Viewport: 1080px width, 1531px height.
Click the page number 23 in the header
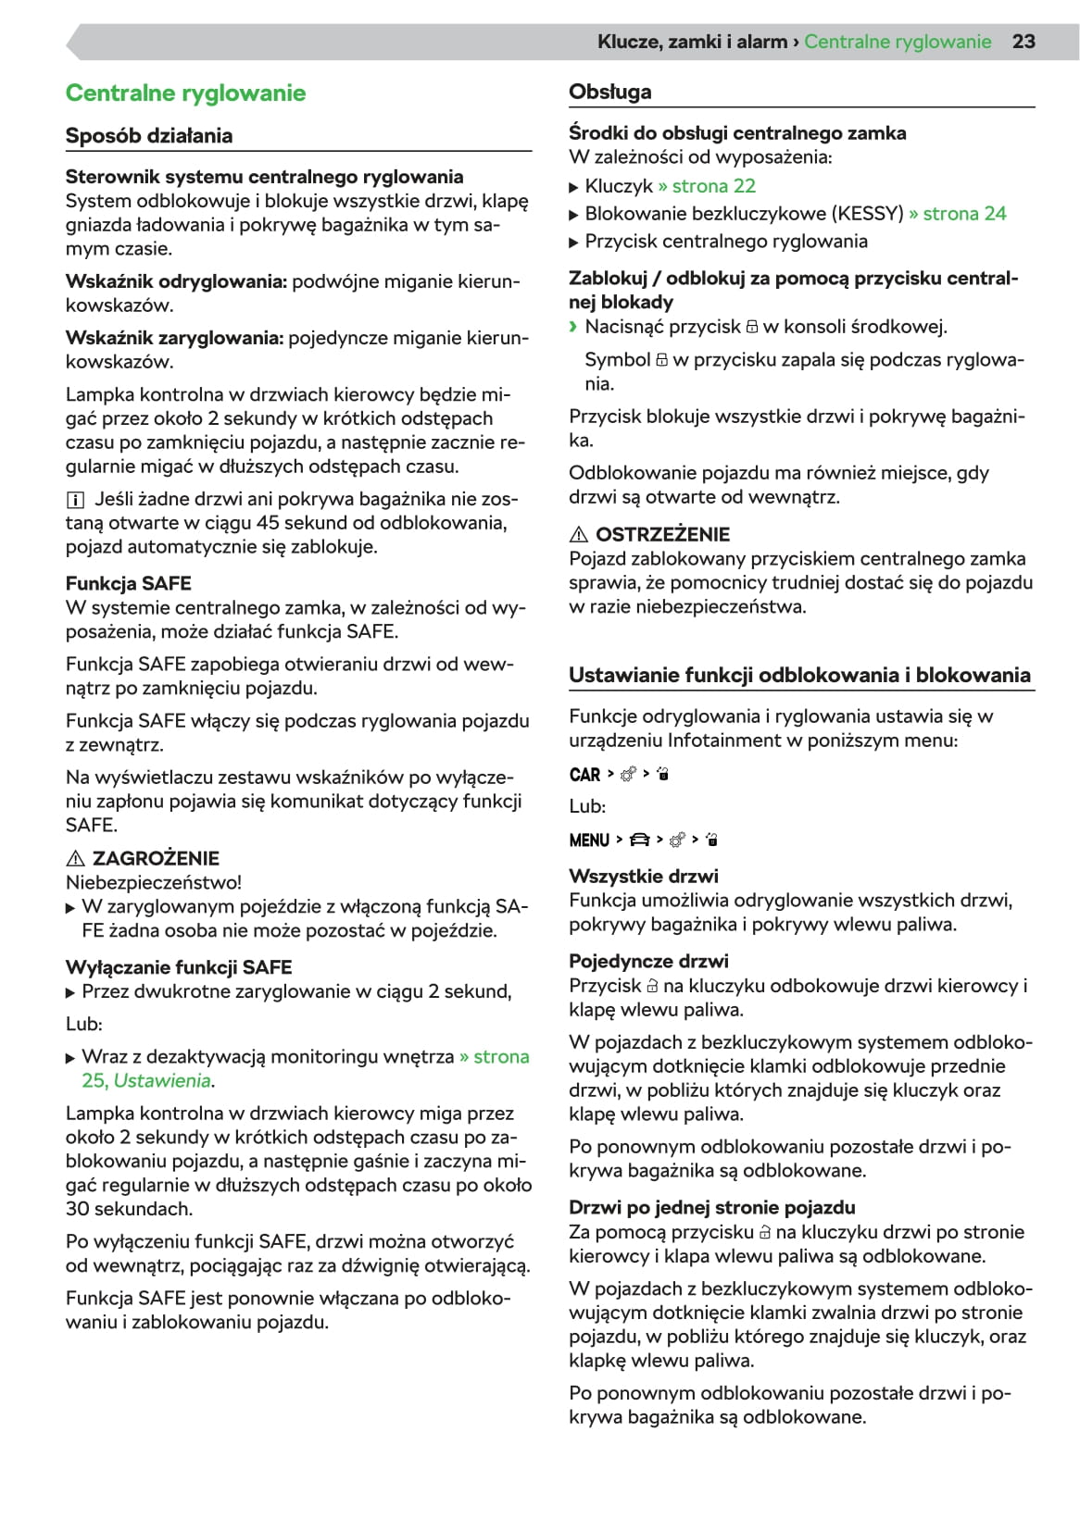coord(1023,42)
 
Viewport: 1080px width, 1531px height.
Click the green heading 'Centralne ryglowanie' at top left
coord(185,93)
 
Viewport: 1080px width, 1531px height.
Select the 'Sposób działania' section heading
coord(149,136)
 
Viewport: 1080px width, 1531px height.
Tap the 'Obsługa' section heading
coord(609,92)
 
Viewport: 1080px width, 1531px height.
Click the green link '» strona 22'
coord(707,186)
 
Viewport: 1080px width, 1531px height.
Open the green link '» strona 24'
coord(958,214)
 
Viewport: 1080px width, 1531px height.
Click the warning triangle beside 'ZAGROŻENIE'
coord(76,858)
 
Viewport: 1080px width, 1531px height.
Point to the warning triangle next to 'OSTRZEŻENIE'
coord(579,534)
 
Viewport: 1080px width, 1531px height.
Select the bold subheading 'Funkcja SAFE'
coord(128,584)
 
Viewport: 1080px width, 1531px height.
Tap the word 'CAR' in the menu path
coord(584,775)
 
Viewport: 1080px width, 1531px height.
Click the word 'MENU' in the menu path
coord(589,840)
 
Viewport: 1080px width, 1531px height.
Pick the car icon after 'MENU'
coord(639,840)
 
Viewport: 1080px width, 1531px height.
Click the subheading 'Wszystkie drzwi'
coord(643,877)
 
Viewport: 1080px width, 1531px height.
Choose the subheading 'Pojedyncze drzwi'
coord(648,961)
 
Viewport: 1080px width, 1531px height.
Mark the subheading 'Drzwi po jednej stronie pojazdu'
coord(711,1207)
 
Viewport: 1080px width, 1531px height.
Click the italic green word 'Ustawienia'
coord(161,1081)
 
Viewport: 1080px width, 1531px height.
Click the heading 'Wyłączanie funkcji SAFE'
coord(178,967)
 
